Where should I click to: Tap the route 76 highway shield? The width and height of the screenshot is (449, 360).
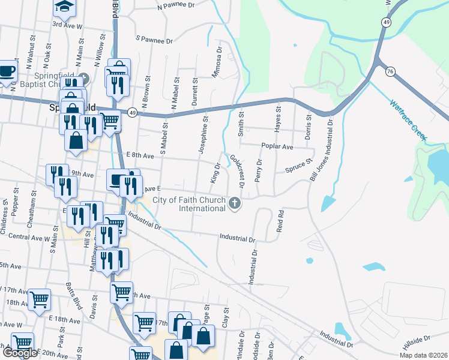click(x=391, y=71)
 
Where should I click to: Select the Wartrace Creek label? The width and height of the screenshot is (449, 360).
click(x=408, y=119)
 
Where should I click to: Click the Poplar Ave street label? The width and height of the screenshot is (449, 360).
click(x=277, y=146)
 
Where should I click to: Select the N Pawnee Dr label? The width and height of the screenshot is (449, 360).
click(x=176, y=5)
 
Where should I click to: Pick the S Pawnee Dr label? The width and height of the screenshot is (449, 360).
click(x=154, y=41)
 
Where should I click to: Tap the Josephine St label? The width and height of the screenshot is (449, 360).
click(x=204, y=136)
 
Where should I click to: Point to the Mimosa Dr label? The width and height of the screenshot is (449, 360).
click(x=218, y=64)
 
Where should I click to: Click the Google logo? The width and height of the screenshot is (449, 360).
click(x=20, y=353)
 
